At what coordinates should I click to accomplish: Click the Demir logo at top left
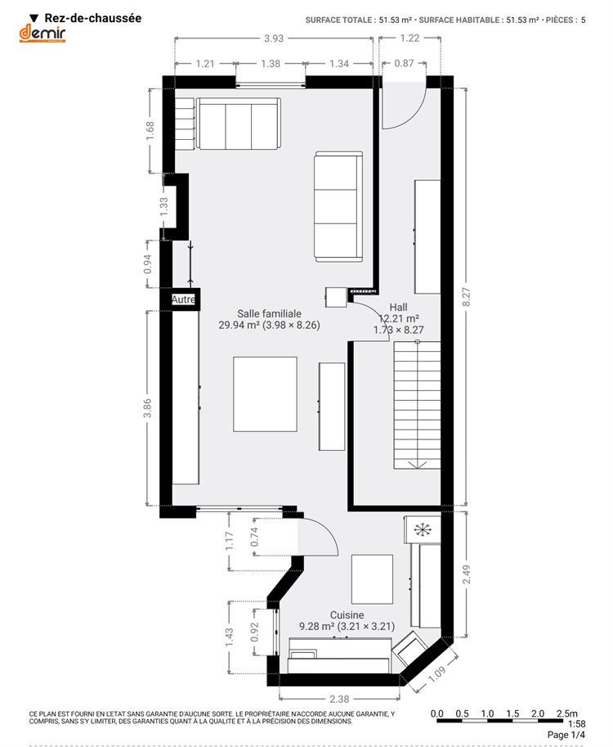(42, 34)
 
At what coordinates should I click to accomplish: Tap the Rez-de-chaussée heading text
(93, 18)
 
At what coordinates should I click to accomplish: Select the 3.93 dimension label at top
(274, 38)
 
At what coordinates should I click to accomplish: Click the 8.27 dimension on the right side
(467, 297)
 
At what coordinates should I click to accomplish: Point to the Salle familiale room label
(270, 313)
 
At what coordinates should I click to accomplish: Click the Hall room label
(398, 308)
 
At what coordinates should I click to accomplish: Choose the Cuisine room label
(347, 615)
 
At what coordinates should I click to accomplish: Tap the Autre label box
(183, 299)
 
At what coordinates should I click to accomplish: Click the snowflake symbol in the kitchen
(422, 529)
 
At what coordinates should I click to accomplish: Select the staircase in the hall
(417, 406)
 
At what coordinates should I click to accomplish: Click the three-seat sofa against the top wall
(238, 124)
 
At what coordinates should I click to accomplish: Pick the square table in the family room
(265, 394)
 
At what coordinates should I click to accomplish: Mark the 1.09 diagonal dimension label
(436, 673)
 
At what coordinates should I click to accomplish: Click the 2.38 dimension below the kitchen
(339, 699)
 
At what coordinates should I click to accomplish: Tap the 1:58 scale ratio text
(577, 723)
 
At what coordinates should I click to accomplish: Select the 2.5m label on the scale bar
(567, 713)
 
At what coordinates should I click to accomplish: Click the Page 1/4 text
(566, 735)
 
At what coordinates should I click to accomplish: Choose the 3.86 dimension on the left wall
(147, 408)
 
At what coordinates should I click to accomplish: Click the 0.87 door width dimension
(404, 63)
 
